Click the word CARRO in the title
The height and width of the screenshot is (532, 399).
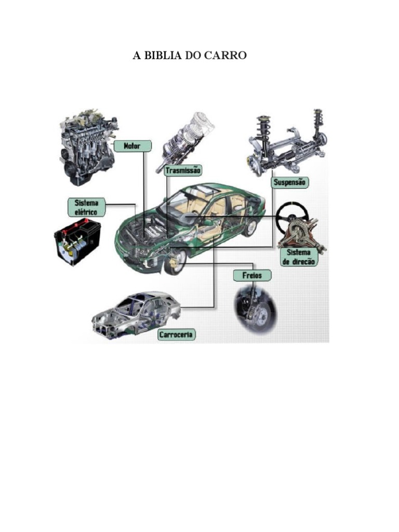pyautogui.click(x=227, y=55)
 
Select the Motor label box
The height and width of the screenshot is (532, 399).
pyautogui.click(x=132, y=146)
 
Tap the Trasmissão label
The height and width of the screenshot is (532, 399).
pyautogui.click(x=183, y=170)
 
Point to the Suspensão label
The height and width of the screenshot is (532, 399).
pyautogui.click(x=290, y=182)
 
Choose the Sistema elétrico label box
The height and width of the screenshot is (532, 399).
pyautogui.click(x=87, y=207)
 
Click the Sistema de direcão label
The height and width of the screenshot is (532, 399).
pyautogui.click(x=299, y=257)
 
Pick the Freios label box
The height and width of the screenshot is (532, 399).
pyautogui.click(x=252, y=275)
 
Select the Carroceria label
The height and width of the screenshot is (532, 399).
pyautogui.click(x=177, y=335)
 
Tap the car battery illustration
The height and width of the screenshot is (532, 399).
pyautogui.click(x=77, y=242)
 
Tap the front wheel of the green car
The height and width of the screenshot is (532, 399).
pyautogui.click(x=175, y=262)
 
